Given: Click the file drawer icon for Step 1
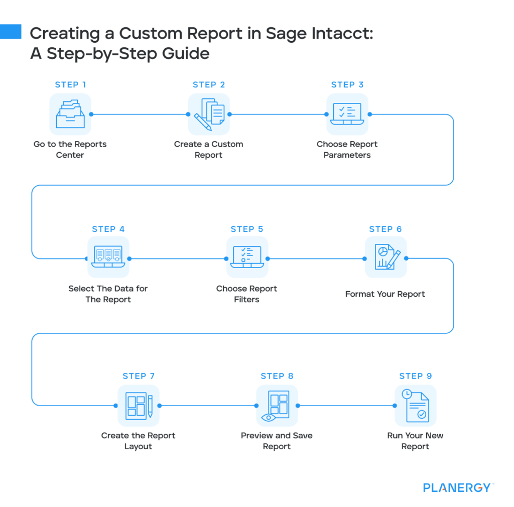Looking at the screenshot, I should [x=70, y=114].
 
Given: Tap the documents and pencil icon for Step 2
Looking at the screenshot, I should [x=209, y=114].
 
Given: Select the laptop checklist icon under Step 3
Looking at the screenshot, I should [x=347, y=114].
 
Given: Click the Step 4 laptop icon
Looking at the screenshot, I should [x=108, y=258].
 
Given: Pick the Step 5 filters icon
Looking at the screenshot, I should [x=247, y=258].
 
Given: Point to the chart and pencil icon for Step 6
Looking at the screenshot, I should [x=385, y=258].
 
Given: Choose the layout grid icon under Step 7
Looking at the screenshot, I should [x=139, y=405].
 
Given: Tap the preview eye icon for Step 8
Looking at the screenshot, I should [x=277, y=405].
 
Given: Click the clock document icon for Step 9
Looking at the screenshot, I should [x=416, y=405].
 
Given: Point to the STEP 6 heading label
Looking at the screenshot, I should [x=385, y=229].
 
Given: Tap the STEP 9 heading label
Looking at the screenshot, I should [x=416, y=376].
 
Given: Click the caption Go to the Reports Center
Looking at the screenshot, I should [x=70, y=150].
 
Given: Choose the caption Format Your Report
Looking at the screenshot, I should [x=385, y=294].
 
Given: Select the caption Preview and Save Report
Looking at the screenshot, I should [x=277, y=441].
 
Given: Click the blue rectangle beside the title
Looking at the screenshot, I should [x=11, y=31].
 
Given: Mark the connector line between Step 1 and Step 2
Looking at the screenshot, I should [x=140, y=114].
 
